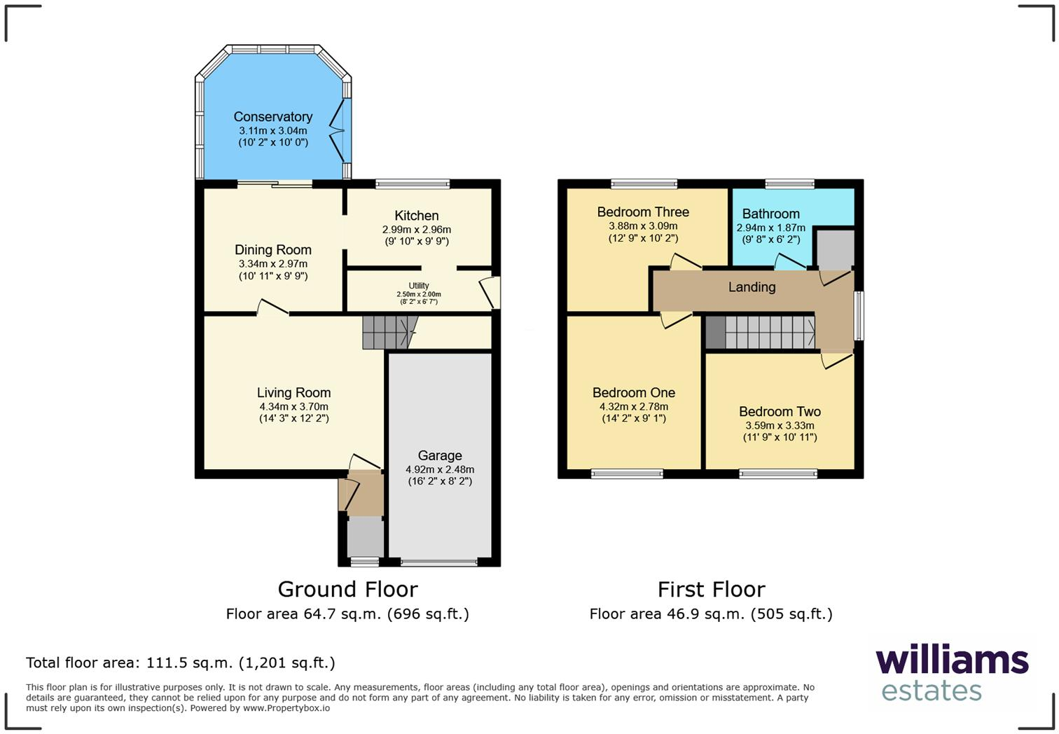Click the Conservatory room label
pos(272,117)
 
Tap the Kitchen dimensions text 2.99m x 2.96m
pos(416,230)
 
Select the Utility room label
pos(419,286)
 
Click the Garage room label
pos(440,456)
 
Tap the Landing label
pos(752,287)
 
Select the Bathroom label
pos(770,214)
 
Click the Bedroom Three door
pos(686,263)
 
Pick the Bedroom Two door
pos(836,360)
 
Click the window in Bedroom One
pos(627,474)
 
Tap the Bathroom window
pos(789,184)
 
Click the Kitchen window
pos(413,184)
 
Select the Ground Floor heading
pos(347,589)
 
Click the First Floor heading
pos(711,589)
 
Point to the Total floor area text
pos(181,663)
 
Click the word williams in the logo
pos(952,660)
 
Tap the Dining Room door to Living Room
pos(272,308)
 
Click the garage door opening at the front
pos(439,562)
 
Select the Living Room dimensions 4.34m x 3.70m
pos(293,406)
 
